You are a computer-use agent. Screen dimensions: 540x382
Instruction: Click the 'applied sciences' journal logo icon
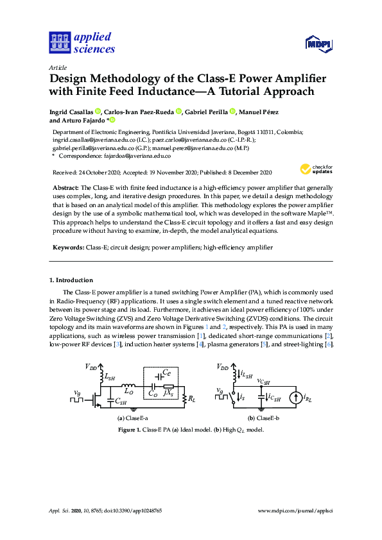(x=58, y=43)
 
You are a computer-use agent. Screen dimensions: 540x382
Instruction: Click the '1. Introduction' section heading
(x=71, y=280)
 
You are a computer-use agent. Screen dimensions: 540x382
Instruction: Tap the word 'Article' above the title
(x=58, y=67)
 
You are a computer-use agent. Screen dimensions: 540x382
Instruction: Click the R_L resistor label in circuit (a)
(x=191, y=398)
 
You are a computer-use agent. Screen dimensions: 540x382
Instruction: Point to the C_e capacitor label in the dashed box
(x=166, y=372)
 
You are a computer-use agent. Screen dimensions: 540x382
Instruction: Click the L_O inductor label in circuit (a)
(x=128, y=391)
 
